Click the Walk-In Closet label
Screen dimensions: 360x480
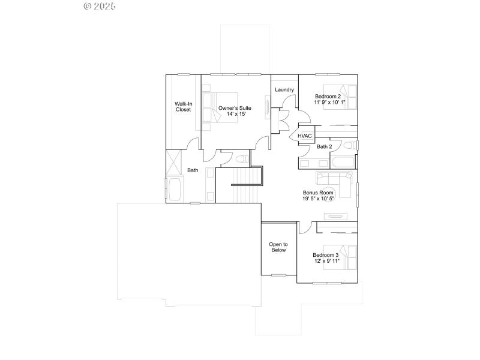click(x=183, y=106)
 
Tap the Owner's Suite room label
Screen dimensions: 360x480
click(x=235, y=108)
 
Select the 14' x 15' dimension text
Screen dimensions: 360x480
click(x=235, y=115)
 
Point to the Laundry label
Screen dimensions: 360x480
click(x=284, y=90)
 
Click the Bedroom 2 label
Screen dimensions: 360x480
click(x=328, y=96)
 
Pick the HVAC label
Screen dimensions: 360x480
click(x=305, y=136)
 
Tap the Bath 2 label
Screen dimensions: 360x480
click(x=324, y=146)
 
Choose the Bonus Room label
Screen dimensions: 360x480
click(x=317, y=193)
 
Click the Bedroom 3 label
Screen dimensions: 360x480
click(x=326, y=255)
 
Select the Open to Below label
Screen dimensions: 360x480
click(x=278, y=247)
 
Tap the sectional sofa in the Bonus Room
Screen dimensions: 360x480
click(x=336, y=182)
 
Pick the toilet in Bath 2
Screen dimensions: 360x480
click(x=351, y=146)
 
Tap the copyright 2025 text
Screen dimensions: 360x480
click(x=100, y=7)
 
